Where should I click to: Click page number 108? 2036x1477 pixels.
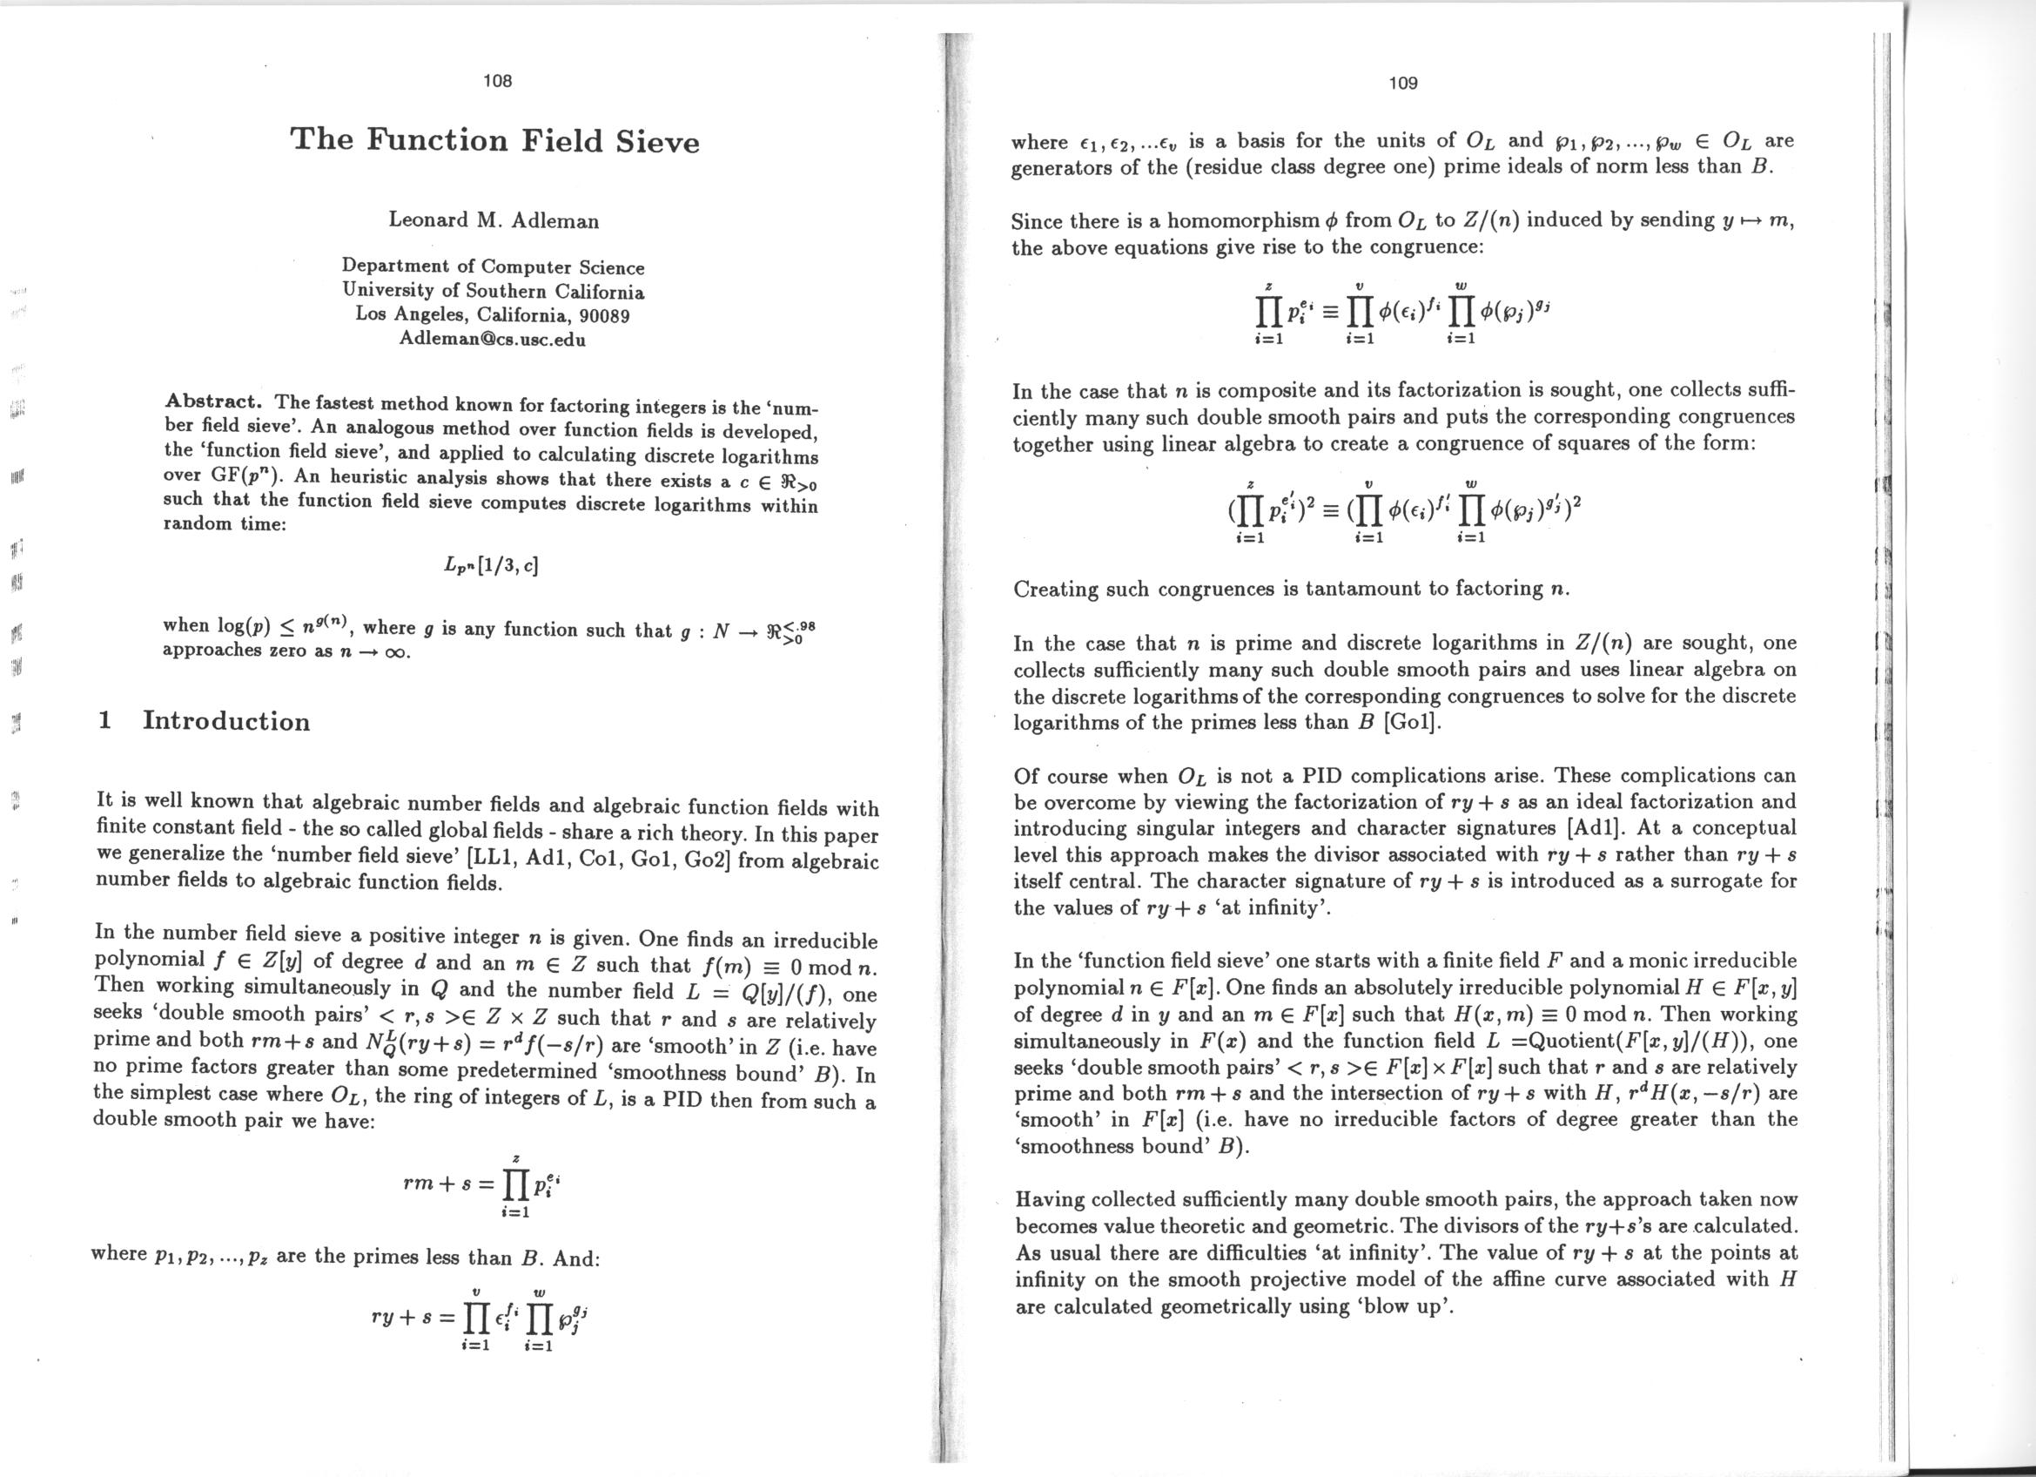coord(496,81)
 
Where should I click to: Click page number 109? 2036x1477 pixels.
coord(1402,84)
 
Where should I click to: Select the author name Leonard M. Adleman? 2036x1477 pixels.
coord(493,220)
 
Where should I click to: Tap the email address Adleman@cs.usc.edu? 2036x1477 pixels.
coord(492,341)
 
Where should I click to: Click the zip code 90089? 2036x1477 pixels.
coord(604,316)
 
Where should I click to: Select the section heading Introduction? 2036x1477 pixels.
coord(226,721)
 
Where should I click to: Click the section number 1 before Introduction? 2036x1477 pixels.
coord(106,721)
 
